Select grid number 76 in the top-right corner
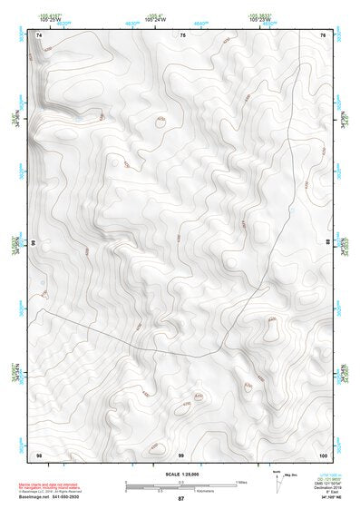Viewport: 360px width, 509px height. coord(323,34)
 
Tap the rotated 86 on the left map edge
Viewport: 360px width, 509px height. coord(34,244)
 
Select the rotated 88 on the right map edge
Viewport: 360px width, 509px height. coord(328,244)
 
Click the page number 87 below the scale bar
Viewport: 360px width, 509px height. coord(180,499)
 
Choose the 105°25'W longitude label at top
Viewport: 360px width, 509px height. coord(52,19)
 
